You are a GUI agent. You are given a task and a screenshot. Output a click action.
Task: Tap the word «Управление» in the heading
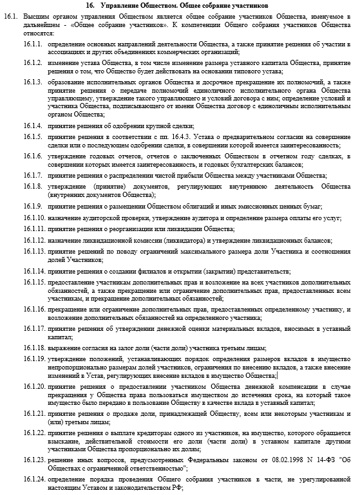[x=149, y=5]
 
